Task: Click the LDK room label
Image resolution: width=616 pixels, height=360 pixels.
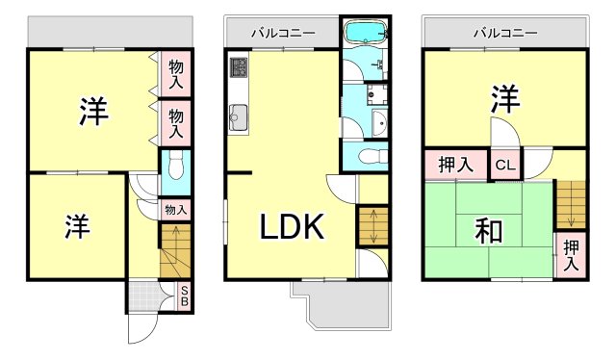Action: tap(294, 228)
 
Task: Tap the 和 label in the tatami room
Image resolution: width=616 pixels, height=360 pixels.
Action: tap(488, 231)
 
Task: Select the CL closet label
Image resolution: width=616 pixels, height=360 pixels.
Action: tap(505, 166)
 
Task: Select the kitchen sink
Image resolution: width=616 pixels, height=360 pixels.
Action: tap(238, 119)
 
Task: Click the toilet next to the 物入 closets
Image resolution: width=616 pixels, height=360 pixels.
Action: tap(174, 169)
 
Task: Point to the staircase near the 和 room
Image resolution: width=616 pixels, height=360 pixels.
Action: tap(571, 203)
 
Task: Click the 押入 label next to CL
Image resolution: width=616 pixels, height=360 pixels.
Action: tap(456, 166)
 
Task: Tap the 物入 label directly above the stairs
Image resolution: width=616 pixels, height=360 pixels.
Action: tap(174, 209)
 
